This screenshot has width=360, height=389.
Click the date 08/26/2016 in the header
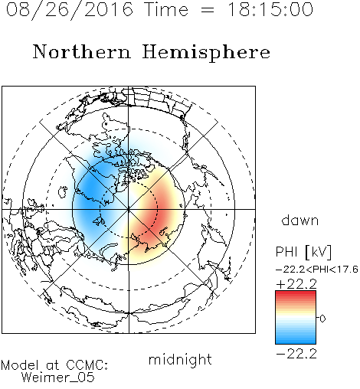tap(70, 10)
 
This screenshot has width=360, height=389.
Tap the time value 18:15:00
tap(270, 9)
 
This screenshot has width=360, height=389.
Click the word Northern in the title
tap(82, 51)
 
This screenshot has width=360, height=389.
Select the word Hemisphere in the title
tap(206, 53)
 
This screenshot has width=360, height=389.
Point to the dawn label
tap(300, 220)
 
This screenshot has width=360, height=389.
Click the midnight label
tap(180, 359)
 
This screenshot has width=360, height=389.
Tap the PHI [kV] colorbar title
tap(303, 252)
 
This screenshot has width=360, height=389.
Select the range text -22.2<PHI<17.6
tap(317, 270)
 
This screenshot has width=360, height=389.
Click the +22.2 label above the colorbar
tap(296, 284)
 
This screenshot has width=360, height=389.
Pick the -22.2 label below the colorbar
tap(296, 354)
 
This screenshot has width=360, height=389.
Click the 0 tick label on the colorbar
tap(322, 319)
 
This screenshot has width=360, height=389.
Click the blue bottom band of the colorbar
tap(296, 339)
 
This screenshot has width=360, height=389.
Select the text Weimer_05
tap(58, 378)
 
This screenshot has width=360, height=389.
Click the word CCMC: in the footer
tap(87, 365)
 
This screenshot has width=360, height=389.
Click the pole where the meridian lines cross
tap(129, 210)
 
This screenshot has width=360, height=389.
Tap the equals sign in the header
tap(208, 10)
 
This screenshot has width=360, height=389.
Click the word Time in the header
tap(166, 9)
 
